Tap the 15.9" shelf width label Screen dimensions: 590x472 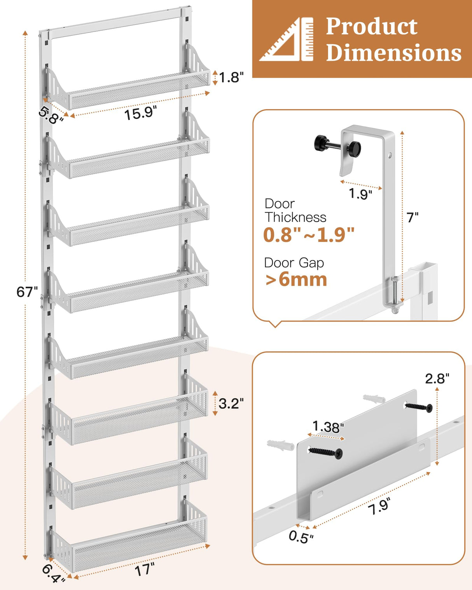pos(140,113)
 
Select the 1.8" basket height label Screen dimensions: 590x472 pos(231,77)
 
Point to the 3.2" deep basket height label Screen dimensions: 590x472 pos(231,403)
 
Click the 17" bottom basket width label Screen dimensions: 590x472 pos(144,570)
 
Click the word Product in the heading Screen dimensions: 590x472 pos(371,26)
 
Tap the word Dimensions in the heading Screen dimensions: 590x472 pos(393,53)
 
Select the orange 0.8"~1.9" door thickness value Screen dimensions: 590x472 pos(309,235)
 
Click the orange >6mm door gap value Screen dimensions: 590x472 pos(296,279)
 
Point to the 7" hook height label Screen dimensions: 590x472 pos(413,218)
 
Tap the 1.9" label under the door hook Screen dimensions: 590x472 pos(360,193)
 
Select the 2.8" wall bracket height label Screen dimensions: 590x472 pos(437,378)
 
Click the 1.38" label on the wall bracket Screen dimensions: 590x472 pos(328,427)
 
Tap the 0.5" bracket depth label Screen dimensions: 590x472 pos(301,537)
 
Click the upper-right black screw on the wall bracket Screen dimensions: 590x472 pos(419,407)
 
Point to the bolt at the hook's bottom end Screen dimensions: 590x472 pos(395,297)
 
